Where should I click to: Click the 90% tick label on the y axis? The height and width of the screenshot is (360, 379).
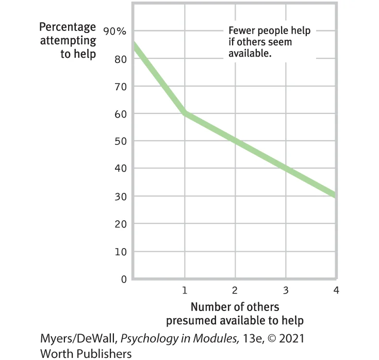click(x=114, y=31)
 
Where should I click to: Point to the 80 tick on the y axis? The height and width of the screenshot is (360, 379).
click(x=120, y=59)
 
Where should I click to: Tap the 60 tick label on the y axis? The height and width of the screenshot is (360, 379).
click(x=120, y=114)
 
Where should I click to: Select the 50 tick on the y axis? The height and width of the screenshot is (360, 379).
click(x=120, y=141)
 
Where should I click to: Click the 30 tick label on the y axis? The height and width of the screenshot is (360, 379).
click(x=120, y=197)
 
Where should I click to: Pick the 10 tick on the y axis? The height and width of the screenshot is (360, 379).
click(x=120, y=252)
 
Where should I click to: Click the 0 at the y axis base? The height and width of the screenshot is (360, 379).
click(x=123, y=280)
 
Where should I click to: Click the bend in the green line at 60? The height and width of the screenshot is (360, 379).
click(x=184, y=113)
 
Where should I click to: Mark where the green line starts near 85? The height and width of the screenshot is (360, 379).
click(x=134, y=45)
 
